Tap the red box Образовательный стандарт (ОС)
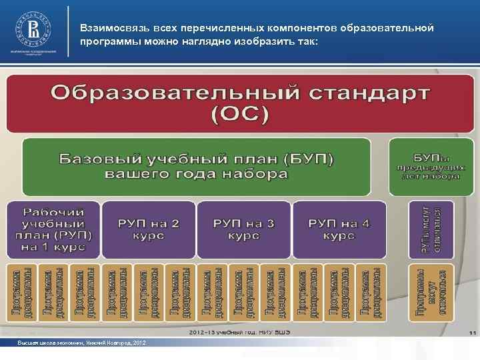(240, 103)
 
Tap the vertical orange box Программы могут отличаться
(431, 291)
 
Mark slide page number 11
(471, 333)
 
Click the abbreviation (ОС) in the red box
(240, 115)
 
